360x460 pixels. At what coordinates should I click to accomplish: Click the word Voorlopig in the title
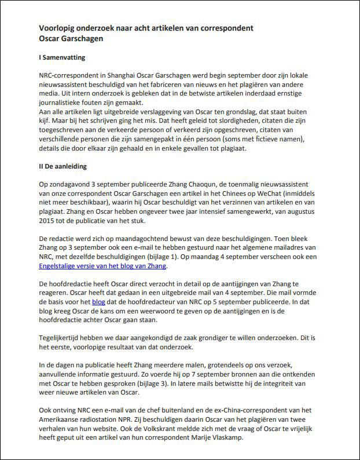[57, 28]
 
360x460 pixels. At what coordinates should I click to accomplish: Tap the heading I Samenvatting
[63, 58]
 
